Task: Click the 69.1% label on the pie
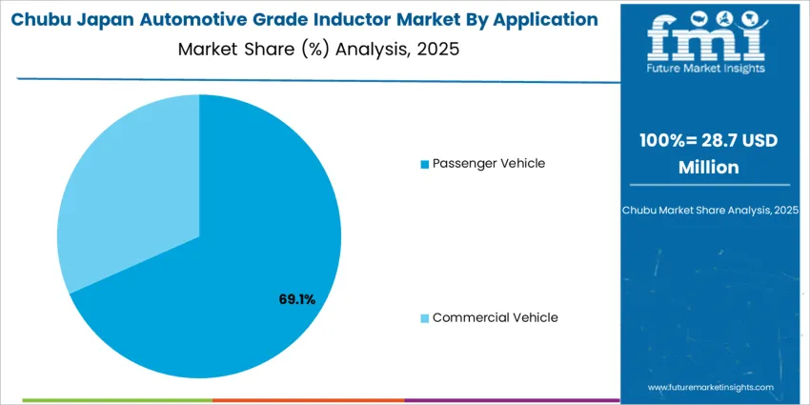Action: (296, 299)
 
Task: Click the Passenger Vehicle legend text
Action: (488, 163)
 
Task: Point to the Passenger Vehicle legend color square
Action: (424, 164)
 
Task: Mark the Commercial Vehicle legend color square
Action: (424, 318)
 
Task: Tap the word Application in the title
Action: (542, 20)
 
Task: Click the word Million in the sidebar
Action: (708, 167)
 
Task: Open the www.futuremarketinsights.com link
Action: (711, 388)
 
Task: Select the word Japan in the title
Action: (105, 20)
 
